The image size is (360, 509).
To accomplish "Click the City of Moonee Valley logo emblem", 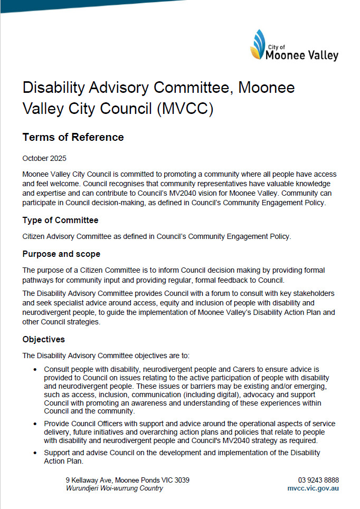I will [x=258, y=45].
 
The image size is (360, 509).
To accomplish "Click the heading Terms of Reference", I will [x=73, y=137].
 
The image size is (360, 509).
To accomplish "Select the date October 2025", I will [x=44, y=158].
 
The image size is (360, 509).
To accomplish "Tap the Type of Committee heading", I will [x=60, y=220].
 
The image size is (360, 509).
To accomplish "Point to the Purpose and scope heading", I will [x=61, y=254].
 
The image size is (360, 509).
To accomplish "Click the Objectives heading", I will [x=43, y=339].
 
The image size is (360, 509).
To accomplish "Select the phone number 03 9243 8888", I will [x=318, y=480].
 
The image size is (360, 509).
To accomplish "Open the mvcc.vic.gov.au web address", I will [x=313, y=488].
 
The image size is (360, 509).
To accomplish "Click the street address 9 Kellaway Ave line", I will [x=127, y=480].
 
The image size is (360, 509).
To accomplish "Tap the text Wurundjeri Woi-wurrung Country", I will [x=114, y=488].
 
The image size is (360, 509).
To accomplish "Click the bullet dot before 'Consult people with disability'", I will [x=35, y=370].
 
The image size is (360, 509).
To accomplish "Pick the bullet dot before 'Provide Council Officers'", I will [x=35, y=424].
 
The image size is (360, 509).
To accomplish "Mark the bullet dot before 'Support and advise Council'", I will [x=35, y=453].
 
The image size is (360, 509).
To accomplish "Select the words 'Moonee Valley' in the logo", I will [x=302, y=55].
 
